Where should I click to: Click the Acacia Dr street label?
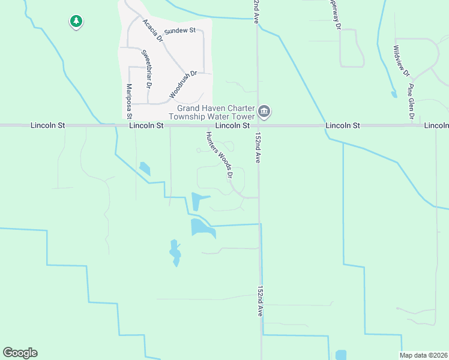[x=152, y=30]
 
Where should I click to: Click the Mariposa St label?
[x=128, y=100]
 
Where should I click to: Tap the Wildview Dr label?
[x=401, y=62]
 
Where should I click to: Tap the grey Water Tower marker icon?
[x=264, y=112]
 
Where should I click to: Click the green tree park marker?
[x=76, y=22]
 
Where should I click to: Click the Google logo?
[x=20, y=353]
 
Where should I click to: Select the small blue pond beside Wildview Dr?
[x=394, y=94]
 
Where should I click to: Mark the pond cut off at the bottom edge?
[x=341, y=355]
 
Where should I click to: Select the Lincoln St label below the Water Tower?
[x=232, y=126]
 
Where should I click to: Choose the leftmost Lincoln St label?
[x=46, y=125]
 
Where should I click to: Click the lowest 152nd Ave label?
[x=261, y=301]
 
